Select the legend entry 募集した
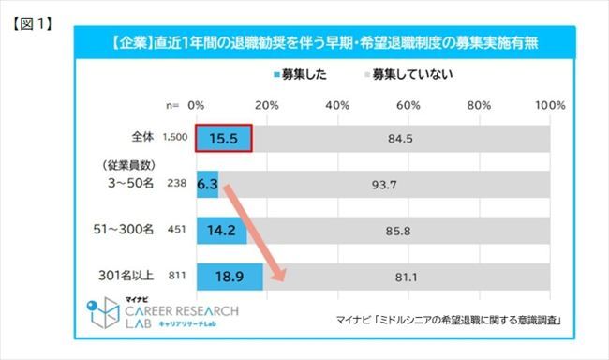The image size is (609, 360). click(304, 73)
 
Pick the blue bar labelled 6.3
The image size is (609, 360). click(207, 185)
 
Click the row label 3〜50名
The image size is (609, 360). click(126, 185)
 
